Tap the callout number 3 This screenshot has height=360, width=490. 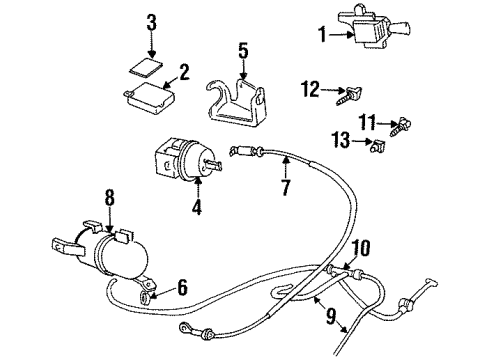click(151, 22)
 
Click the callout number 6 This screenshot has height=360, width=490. click(183, 288)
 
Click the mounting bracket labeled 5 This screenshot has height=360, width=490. click(241, 100)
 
